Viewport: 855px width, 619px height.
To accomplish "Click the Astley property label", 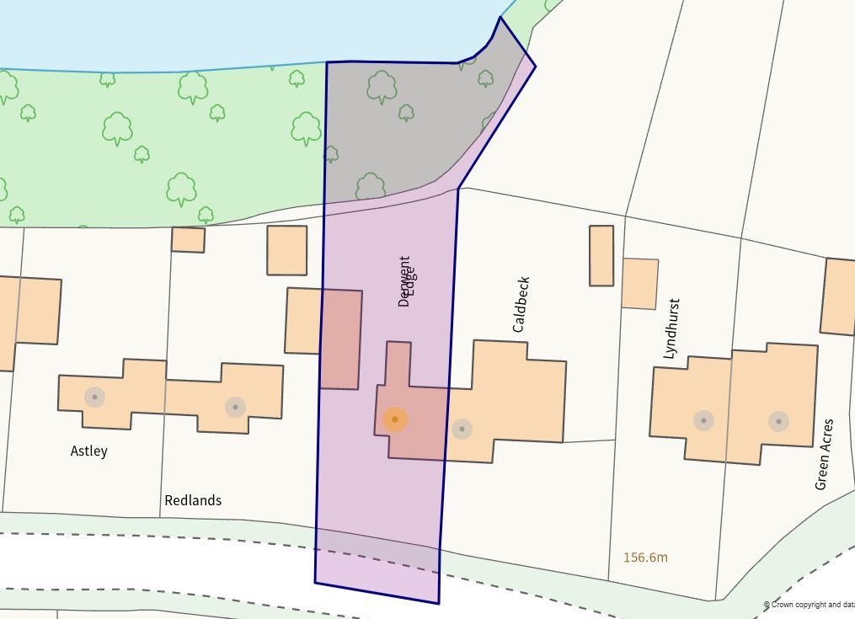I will click(88, 451).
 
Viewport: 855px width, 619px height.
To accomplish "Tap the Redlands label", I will click(193, 500).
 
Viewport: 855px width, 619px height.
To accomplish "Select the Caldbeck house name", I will click(521, 304).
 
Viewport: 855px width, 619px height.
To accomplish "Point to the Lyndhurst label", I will click(671, 328).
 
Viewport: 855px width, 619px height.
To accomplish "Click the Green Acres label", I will click(824, 453).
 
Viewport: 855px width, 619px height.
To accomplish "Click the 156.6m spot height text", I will click(645, 558).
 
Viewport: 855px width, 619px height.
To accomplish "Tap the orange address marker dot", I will click(394, 419).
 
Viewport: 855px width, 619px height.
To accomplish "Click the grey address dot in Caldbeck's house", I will click(462, 429).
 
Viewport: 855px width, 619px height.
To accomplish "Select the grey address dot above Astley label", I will click(94, 397).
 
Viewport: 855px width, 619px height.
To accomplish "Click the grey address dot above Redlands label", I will click(235, 407).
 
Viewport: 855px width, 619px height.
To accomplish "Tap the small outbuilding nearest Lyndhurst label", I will click(640, 284).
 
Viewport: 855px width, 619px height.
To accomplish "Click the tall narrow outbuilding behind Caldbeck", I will click(601, 255).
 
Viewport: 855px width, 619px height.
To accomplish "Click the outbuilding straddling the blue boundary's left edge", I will click(324, 338).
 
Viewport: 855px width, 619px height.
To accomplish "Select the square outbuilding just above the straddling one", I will click(286, 250).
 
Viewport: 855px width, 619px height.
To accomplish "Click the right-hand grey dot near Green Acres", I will click(778, 420).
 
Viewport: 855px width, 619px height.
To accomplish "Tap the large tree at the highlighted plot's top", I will click(382, 86).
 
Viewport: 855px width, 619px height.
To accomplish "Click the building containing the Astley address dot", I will click(112, 392).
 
